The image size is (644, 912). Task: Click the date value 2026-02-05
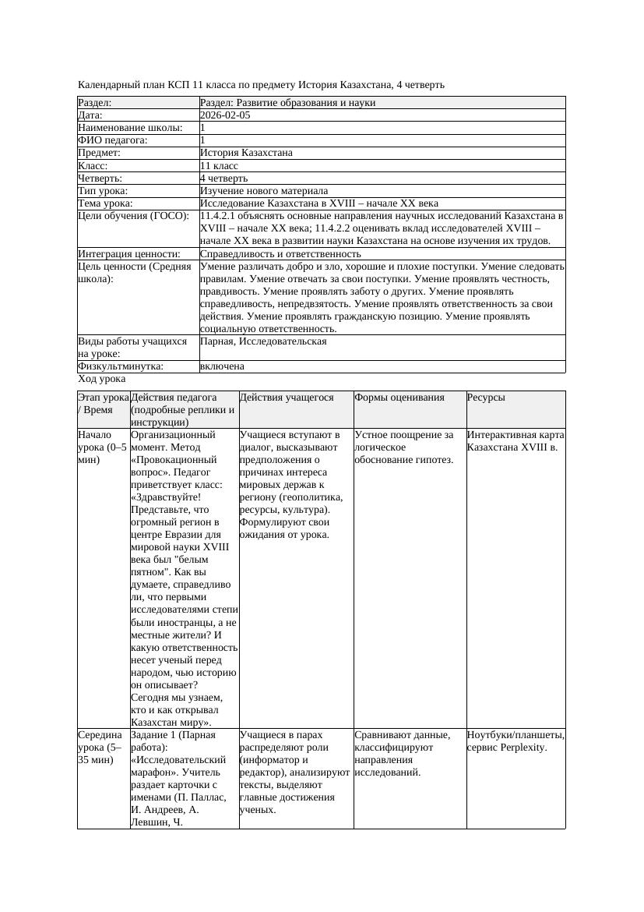(x=225, y=115)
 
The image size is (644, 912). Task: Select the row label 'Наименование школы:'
(x=131, y=128)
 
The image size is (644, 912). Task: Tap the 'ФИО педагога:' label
(x=113, y=140)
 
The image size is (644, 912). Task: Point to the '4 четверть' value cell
(x=223, y=179)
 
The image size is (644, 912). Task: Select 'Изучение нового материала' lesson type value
(x=264, y=191)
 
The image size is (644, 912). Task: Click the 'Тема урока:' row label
(x=106, y=203)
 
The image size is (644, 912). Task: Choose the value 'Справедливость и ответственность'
(x=280, y=254)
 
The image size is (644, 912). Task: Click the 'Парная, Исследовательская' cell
(x=263, y=341)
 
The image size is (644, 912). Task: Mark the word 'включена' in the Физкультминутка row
(x=222, y=366)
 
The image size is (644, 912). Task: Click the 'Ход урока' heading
(x=102, y=379)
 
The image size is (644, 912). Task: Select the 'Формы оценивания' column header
(x=399, y=398)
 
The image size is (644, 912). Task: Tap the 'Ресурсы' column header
(x=486, y=398)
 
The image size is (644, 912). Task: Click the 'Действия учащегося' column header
(x=287, y=398)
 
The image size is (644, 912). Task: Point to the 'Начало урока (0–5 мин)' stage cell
(x=103, y=447)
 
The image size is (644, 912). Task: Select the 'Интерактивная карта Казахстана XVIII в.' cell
(x=516, y=441)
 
